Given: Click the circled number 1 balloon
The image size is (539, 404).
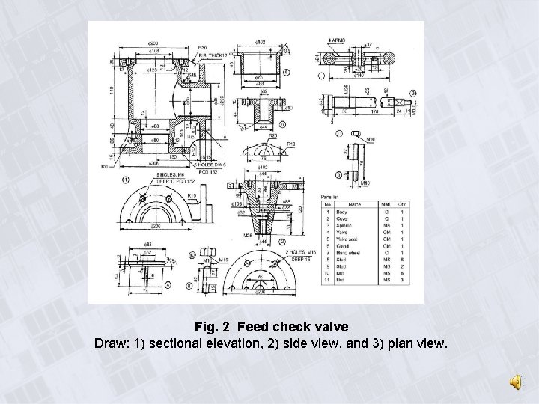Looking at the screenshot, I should (x=125, y=180).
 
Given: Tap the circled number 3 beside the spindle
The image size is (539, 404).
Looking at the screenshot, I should (x=412, y=92).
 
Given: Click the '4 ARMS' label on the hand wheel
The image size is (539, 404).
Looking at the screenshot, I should (x=335, y=40).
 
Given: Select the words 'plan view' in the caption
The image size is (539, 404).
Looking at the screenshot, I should (x=421, y=344).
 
